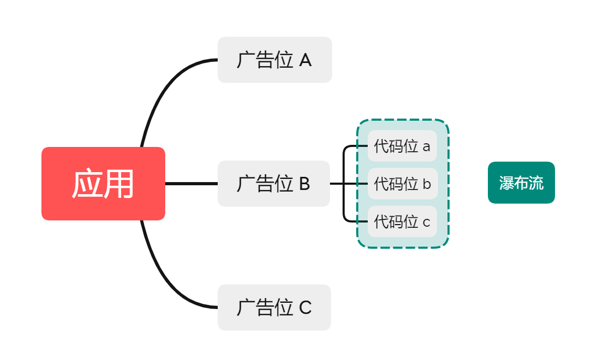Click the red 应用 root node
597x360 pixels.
pyautogui.click(x=103, y=184)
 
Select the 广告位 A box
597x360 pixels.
pyautogui.click(x=274, y=60)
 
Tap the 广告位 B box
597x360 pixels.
pyautogui.click(x=273, y=184)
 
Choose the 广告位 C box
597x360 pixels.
pyautogui.click(x=274, y=308)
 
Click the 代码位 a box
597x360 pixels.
pyautogui.click(x=402, y=146)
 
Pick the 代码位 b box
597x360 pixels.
pyautogui.click(x=402, y=184)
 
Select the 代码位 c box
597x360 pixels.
pyautogui.click(x=402, y=221)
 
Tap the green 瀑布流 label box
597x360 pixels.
pyautogui.click(x=521, y=183)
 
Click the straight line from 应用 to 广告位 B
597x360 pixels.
pyautogui.click(x=191, y=184)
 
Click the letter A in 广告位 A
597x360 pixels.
pyautogui.click(x=305, y=60)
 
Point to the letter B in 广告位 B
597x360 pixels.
pyautogui.click(x=304, y=184)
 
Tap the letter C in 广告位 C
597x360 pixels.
pyautogui.click(x=305, y=308)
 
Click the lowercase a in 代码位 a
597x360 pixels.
pyautogui.click(x=426, y=147)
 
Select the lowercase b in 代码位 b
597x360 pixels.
pyautogui.click(x=426, y=184)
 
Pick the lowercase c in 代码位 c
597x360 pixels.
pyautogui.click(x=426, y=223)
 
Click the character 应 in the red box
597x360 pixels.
pyautogui.click(x=87, y=184)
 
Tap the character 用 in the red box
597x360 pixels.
pyautogui.click(x=119, y=184)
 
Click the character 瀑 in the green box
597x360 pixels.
pyautogui.click(x=506, y=183)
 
